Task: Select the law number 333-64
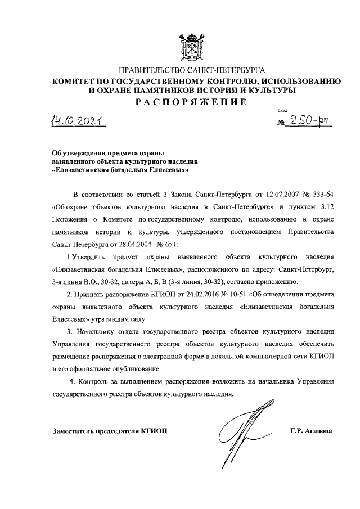(322, 195)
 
